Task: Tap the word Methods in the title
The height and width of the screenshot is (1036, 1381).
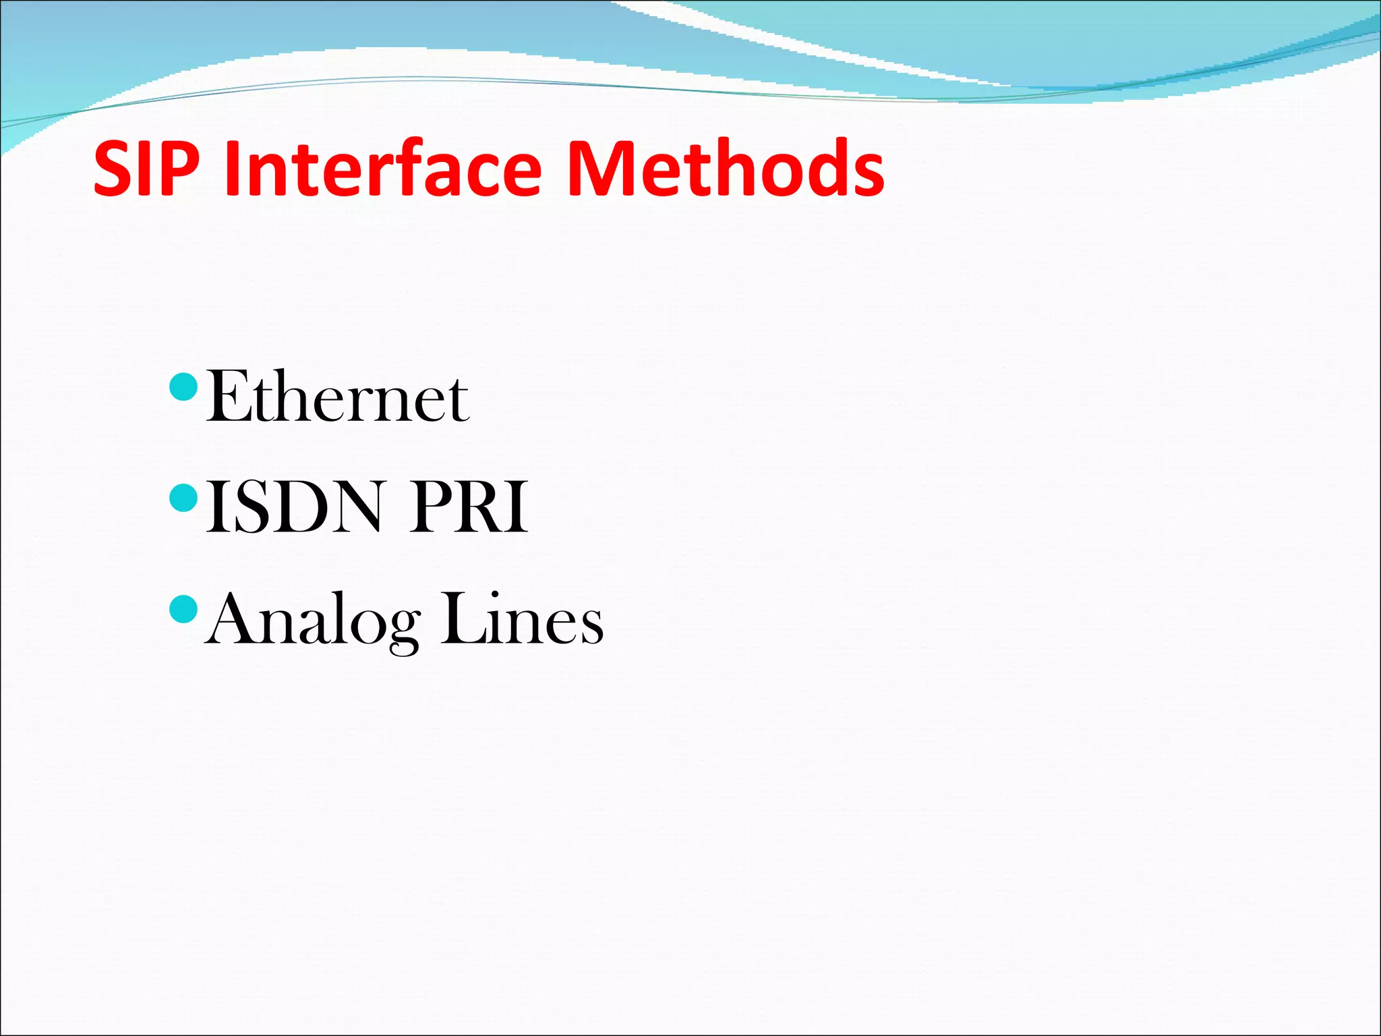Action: [x=726, y=169]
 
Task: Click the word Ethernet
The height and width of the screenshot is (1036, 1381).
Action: [x=336, y=398]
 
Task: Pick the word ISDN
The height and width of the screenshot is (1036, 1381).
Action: [x=293, y=507]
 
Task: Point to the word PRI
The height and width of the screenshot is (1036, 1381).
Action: [x=469, y=507]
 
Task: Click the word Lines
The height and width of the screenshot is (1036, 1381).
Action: [x=522, y=618]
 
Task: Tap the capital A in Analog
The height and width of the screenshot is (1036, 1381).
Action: [x=233, y=618]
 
